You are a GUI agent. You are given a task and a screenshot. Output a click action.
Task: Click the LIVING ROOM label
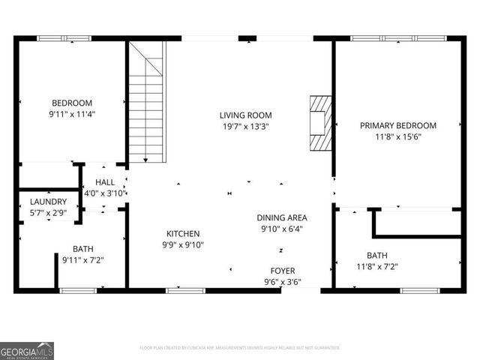pyautogui.click(x=245, y=115)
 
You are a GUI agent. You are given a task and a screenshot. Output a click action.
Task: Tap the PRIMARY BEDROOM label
pyautogui.click(x=397, y=126)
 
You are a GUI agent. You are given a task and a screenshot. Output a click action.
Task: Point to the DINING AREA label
pyautogui.click(x=281, y=217)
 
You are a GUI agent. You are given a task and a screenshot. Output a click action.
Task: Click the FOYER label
pyautogui.click(x=283, y=271)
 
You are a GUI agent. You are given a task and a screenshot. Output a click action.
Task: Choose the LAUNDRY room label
pyautogui.click(x=48, y=202)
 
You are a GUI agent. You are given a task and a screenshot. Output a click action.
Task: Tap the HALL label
pyautogui.click(x=104, y=182)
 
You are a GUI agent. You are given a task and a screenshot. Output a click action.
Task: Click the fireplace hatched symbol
pyautogui.click(x=319, y=123)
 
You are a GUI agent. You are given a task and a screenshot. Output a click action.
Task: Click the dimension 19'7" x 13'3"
pyautogui.click(x=245, y=127)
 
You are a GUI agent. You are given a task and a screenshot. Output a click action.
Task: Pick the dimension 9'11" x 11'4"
pyautogui.click(x=71, y=115)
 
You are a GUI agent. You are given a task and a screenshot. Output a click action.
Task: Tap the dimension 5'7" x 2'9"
pyautogui.click(x=48, y=214)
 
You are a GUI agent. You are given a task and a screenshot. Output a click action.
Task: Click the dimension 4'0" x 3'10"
pyautogui.click(x=104, y=193)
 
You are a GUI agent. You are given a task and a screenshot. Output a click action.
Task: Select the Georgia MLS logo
pyautogui.click(x=27, y=350)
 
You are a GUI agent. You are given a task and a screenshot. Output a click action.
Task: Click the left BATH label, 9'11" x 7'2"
pyautogui.click(x=82, y=249)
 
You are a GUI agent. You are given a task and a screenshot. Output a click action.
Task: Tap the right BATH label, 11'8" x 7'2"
pyautogui.click(x=377, y=255)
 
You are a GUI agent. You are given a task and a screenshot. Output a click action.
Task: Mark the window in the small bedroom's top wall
pyautogui.click(x=64, y=38)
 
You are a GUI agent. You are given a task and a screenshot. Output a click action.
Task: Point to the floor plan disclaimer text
pyautogui.click(x=240, y=348)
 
